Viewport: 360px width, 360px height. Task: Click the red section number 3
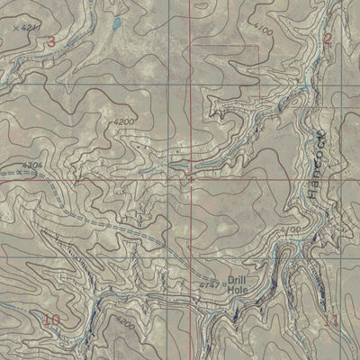coord(51,41)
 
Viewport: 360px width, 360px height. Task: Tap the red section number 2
coord(328,39)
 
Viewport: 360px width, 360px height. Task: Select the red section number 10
coord(51,319)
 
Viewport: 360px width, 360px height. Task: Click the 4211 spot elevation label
coord(33,29)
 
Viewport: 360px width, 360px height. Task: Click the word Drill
coord(237,279)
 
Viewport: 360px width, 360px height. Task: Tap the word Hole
coord(236,290)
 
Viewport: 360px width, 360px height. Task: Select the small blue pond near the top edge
coord(116,20)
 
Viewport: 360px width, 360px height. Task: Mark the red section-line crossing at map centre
coord(191,180)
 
